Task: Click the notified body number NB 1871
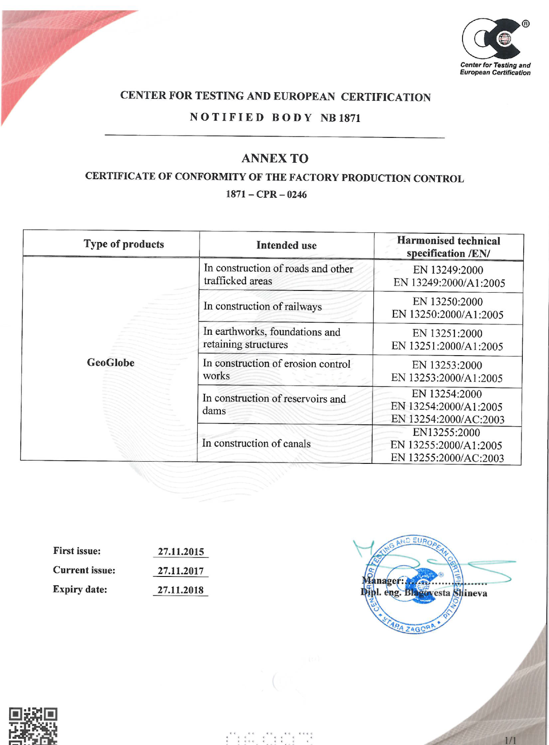coord(341,118)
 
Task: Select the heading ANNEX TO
coord(275,158)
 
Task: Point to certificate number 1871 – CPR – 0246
coord(266,194)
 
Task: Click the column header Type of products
coord(124,244)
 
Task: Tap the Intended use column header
coord(286,245)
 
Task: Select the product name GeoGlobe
coord(110,363)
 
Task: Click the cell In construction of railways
coord(263,306)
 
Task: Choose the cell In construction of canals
coord(256,443)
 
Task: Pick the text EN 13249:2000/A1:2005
coord(449,283)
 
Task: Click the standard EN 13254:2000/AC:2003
coord(447,419)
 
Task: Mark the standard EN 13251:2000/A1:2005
coord(447,346)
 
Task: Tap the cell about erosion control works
coord(276,369)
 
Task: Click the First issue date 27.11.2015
coord(181,552)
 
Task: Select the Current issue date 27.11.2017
coord(181,571)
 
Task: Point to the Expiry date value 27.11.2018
coord(180,590)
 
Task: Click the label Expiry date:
coord(80,589)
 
